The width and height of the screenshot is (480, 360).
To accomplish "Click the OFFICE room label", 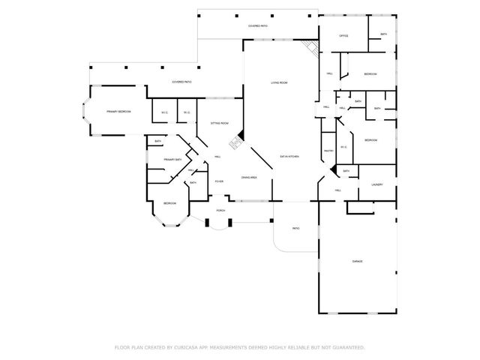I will [343, 36].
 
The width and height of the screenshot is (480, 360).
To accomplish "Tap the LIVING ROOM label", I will [279, 82].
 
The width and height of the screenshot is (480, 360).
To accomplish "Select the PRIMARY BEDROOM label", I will [118, 111].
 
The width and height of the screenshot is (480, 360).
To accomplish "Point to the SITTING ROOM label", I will [219, 122].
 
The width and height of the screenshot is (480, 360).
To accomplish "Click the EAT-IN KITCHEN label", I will [289, 157].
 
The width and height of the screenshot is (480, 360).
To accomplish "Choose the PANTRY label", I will [328, 151].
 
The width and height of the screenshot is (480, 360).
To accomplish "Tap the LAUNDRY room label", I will [376, 185].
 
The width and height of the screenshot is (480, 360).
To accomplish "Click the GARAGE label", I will [358, 261].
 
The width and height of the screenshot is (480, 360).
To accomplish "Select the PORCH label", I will [220, 211].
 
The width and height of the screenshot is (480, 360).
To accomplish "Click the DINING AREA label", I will [249, 177].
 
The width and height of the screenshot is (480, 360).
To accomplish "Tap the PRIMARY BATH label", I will [173, 159].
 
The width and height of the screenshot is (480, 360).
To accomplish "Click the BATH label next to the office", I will [383, 34].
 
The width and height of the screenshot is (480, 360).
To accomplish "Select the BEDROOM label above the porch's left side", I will [170, 203].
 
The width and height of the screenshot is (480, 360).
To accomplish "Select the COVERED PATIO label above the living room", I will [258, 26].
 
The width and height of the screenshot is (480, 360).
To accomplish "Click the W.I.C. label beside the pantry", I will [343, 147].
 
